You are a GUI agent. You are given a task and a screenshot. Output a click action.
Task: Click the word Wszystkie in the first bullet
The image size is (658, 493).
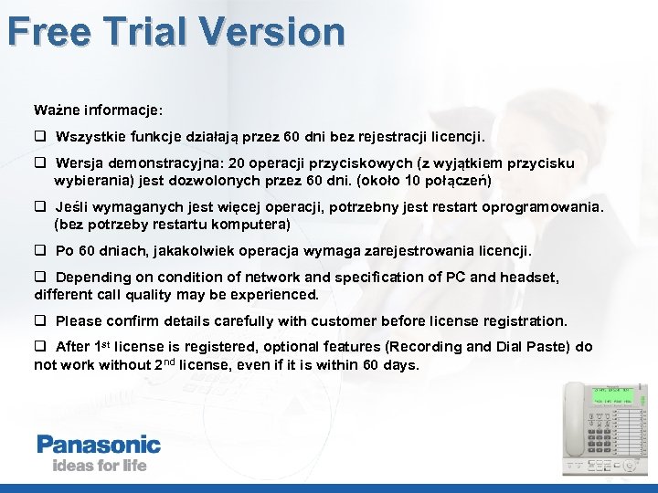click(90, 137)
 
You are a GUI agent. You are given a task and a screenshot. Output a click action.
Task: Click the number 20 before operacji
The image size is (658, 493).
click(237, 163)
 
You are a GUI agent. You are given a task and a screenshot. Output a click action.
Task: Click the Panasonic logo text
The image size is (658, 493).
click(99, 446)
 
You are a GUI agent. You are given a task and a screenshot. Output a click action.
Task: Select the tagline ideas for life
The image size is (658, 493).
click(91, 466)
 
